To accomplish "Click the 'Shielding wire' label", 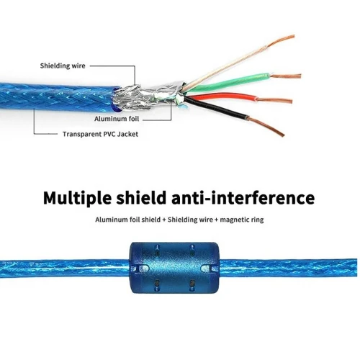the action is coord(63,66).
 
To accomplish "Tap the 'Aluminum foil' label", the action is coord(117,119).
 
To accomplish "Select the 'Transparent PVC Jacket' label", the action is coord(100,134).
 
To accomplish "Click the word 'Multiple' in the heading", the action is coord(77,198).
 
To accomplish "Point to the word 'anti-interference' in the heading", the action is coord(243,197).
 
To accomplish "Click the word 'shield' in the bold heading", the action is coord(141,197).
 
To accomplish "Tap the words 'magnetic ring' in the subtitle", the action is coord(242,220).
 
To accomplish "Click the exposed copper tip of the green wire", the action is coord(286,76).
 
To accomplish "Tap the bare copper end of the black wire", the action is coord(266,127).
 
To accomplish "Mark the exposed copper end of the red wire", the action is coord(274,100).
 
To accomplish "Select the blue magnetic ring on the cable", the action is coord(174,268).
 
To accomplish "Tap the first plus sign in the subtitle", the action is coord(164,220).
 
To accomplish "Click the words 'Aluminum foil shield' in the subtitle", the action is coord(128,220).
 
